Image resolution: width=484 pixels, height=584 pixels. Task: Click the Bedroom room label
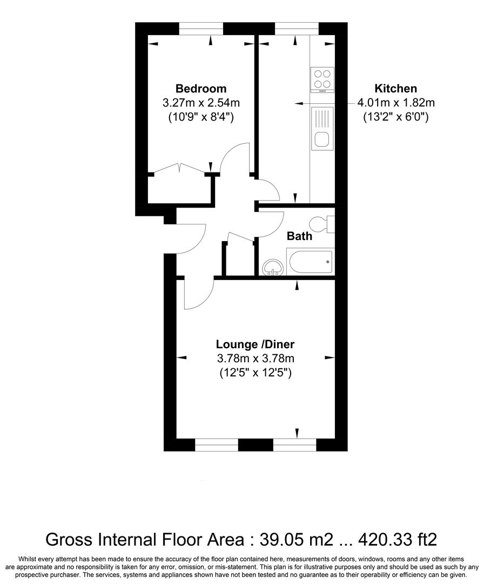point(201,89)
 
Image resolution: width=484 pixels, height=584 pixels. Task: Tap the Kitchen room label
point(395,89)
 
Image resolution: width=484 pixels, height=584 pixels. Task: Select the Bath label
point(299,236)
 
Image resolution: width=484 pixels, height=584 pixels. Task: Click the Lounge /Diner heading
point(256,344)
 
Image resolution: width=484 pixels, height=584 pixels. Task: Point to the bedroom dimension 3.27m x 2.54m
point(201,102)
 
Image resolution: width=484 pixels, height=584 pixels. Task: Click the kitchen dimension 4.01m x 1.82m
point(396,102)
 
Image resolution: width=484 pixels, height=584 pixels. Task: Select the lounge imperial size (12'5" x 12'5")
point(256,373)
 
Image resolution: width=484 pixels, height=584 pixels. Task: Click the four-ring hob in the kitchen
point(322,80)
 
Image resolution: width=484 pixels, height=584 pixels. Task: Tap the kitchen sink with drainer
point(322,129)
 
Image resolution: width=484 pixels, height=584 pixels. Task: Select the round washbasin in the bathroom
point(273,268)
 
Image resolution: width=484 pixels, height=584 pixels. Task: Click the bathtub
point(310,262)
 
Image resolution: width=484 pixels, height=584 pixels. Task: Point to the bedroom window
point(201,29)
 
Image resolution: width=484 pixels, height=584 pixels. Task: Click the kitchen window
point(297,29)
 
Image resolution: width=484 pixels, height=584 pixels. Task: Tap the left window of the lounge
point(217,444)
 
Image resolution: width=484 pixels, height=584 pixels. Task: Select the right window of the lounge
point(295,444)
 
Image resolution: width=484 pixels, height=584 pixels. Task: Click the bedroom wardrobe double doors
point(179,168)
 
